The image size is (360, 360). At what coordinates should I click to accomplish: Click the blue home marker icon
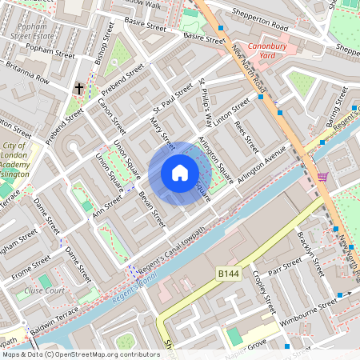pyautogui.click(x=180, y=174)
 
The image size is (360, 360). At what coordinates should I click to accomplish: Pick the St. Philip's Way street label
pyautogui.click(x=206, y=102)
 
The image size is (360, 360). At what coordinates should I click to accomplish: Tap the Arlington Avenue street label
pyautogui.click(x=261, y=165)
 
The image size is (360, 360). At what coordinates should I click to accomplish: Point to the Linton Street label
pyautogui.click(x=232, y=112)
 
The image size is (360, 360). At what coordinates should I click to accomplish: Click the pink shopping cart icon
pyautogui.click(x=322, y=178)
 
